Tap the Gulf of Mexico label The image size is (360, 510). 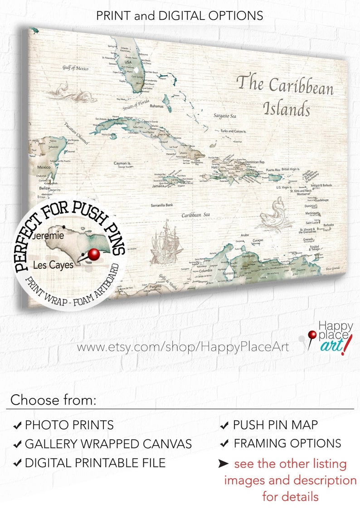[x=75, y=68]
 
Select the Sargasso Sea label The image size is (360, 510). [x=225, y=116]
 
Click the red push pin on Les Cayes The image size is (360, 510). [x=93, y=255]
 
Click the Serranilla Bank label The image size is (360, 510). [x=162, y=205]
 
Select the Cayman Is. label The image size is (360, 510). [x=122, y=162]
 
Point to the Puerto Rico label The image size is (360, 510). [x=273, y=170]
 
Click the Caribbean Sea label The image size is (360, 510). [x=195, y=215]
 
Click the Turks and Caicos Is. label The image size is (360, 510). [x=233, y=131]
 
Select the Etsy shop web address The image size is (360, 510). [x=183, y=347]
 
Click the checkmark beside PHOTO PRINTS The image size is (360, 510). [x=17, y=426]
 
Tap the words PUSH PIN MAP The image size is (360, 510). [x=275, y=425]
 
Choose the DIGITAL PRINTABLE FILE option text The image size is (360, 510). [x=95, y=463]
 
